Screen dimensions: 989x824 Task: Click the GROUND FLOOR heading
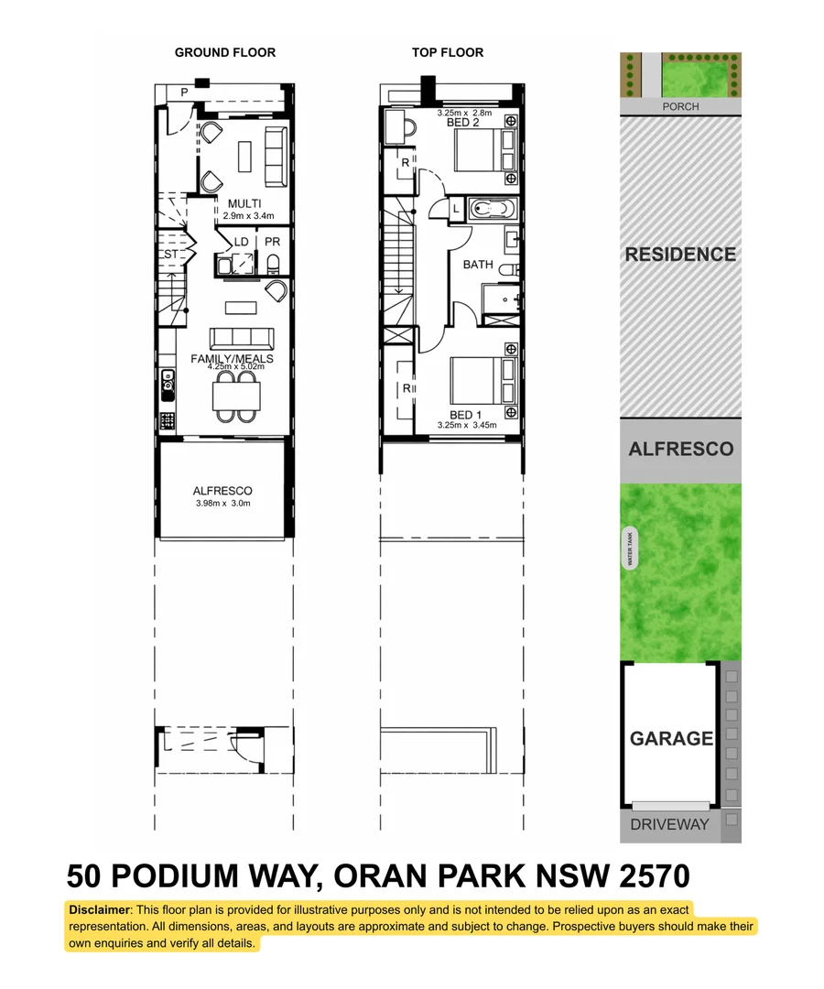[225, 52]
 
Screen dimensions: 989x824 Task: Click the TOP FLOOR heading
[448, 52]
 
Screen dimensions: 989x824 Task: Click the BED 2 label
[463, 122]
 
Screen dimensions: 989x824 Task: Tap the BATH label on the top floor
[478, 265]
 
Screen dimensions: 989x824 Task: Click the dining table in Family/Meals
[236, 396]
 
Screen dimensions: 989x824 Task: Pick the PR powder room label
[273, 242]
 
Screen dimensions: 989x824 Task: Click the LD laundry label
[242, 242]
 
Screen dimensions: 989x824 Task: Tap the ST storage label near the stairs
[171, 254]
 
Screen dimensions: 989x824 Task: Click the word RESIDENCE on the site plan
[680, 255]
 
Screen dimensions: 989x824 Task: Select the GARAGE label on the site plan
[671, 738]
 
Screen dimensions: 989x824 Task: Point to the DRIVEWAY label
[669, 824]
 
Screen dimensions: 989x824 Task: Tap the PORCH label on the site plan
[680, 106]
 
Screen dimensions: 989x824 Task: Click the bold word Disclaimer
[100, 909]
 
